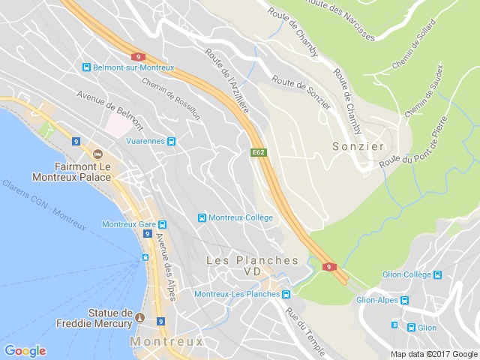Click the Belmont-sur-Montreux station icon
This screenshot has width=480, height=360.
87,67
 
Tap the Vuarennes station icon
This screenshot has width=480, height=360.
172,141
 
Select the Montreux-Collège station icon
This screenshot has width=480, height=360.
202,217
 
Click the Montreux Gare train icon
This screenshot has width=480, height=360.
163,224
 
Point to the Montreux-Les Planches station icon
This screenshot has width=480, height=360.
286,294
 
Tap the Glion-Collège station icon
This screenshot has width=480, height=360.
437,274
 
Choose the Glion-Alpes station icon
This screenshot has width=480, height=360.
404,301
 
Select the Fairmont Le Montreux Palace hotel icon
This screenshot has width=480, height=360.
97,154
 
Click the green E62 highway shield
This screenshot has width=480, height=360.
258,152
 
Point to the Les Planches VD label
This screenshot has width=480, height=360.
252,265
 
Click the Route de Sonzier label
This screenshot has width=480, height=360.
301,92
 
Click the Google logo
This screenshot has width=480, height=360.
25,351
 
